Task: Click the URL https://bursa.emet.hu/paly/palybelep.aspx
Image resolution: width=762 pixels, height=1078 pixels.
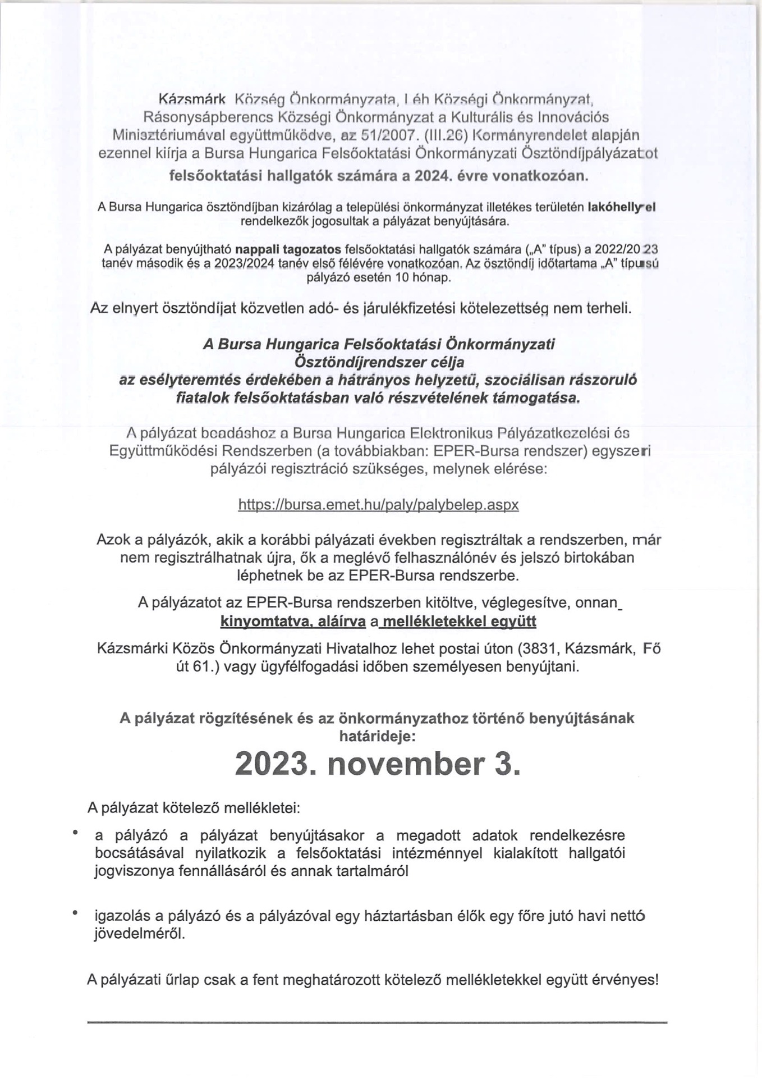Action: pyautogui.click(x=378, y=504)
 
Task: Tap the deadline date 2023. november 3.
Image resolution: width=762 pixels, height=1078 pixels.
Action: pyautogui.click(x=378, y=764)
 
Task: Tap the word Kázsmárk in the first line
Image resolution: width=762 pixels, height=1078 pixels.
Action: pyautogui.click(x=192, y=100)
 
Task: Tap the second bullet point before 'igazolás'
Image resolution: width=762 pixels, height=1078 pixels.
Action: pyautogui.click(x=74, y=913)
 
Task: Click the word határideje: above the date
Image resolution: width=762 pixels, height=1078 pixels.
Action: pyautogui.click(x=378, y=735)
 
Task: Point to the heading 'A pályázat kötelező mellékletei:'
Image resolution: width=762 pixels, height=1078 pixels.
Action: pyautogui.click(x=194, y=808)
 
